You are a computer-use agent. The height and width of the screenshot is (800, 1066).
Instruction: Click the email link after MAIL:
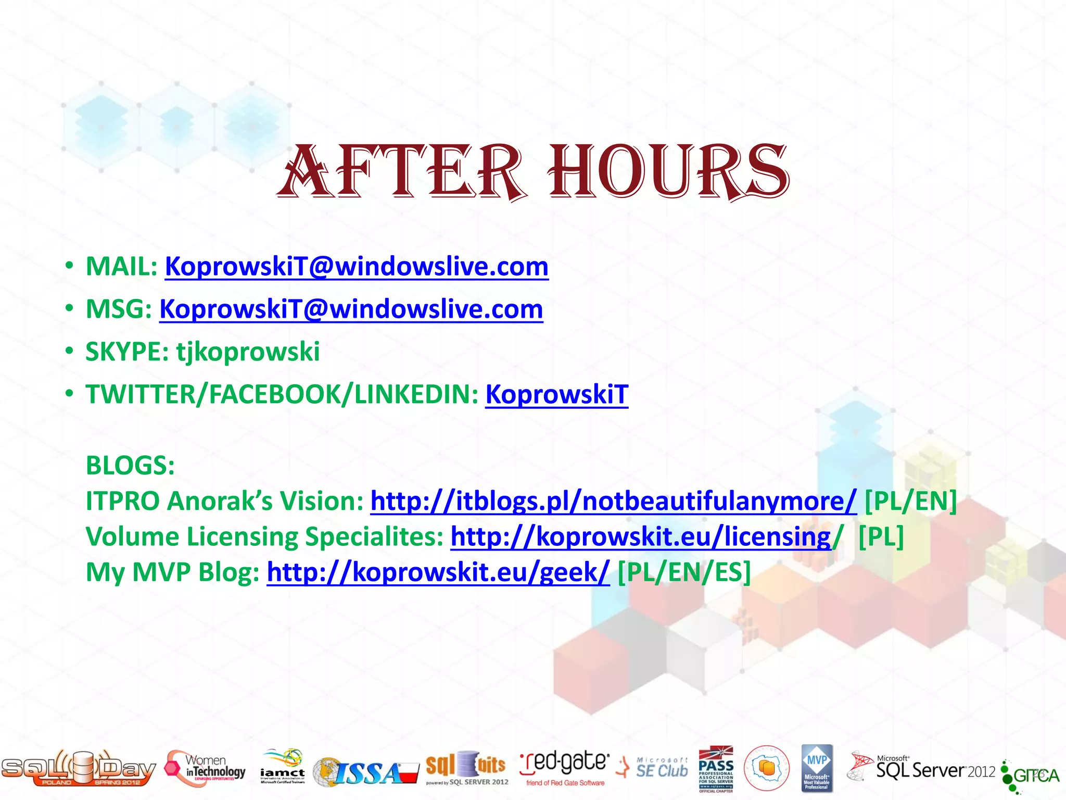pyautogui.click(x=357, y=267)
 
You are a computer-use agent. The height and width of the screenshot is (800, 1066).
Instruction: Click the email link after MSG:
pyautogui.click(x=351, y=309)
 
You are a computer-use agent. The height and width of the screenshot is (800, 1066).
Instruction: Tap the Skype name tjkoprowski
pyautogui.click(x=248, y=352)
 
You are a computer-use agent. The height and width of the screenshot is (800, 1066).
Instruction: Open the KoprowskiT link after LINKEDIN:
pyautogui.click(x=557, y=394)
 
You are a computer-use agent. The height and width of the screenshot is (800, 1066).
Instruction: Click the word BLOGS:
pyautogui.click(x=130, y=465)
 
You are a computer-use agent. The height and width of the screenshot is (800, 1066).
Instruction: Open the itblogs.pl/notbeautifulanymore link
pyautogui.click(x=613, y=501)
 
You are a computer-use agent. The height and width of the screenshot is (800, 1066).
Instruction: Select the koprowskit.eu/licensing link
pyautogui.click(x=641, y=536)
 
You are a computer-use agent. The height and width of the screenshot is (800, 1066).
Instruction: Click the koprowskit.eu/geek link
pyautogui.click(x=438, y=572)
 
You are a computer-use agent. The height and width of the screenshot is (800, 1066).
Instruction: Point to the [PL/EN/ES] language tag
pyautogui.click(x=684, y=572)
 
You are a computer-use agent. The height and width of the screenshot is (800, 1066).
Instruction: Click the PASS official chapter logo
pyautogui.click(x=716, y=769)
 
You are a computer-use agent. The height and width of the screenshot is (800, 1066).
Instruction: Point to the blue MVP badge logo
pyautogui.click(x=817, y=768)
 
